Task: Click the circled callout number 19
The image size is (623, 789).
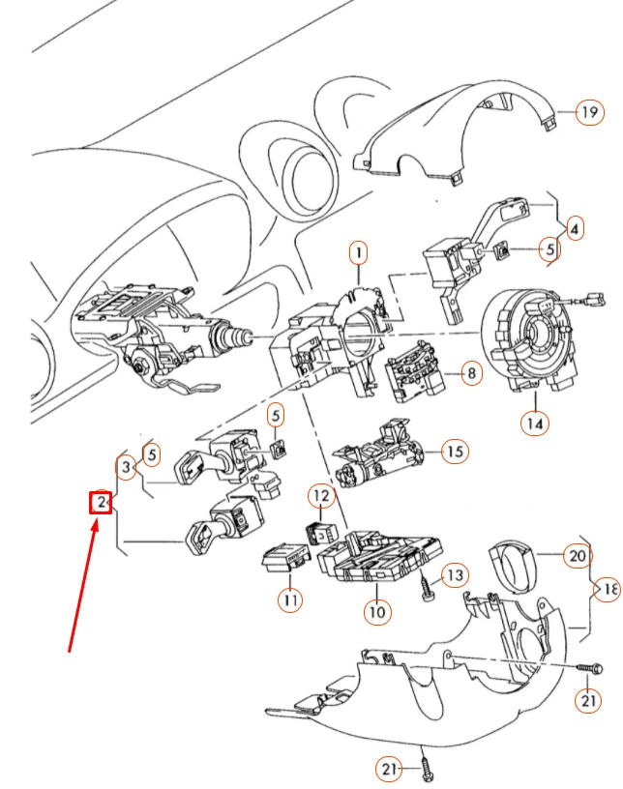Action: (588, 113)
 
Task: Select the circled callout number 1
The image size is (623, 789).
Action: (358, 254)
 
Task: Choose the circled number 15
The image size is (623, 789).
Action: (455, 451)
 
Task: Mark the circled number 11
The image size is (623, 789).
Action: (289, 599)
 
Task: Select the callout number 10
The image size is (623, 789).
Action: (376, 611)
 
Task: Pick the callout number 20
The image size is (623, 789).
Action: (578, 556)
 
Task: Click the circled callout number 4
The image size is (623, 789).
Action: (575, 230)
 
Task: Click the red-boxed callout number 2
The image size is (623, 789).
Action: (100, 502)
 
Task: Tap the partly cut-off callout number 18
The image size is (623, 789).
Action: (608, 589)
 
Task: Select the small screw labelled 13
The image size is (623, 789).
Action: (426, 587)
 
